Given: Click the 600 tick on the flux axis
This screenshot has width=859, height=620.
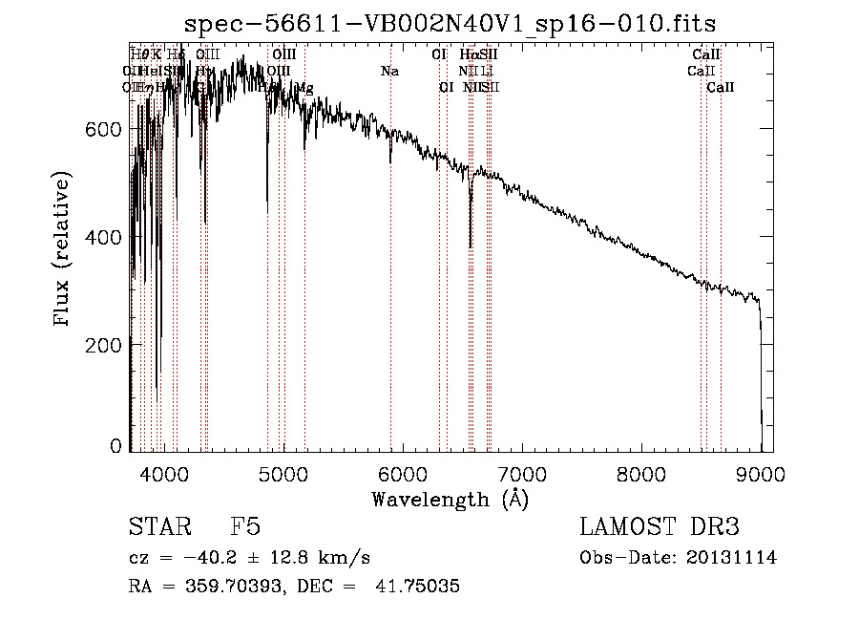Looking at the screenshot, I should click(108, 129).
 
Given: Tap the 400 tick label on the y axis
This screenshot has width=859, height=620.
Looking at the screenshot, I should click(108, 237).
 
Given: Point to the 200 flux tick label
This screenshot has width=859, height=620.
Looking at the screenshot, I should click(108, 344).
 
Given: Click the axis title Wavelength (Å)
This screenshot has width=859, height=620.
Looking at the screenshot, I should click(450, 499).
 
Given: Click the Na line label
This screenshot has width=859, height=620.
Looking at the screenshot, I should click(389, 71).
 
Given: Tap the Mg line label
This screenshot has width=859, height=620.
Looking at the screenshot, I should click(304, 88).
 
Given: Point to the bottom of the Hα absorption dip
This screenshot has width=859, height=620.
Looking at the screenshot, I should click(471, 246).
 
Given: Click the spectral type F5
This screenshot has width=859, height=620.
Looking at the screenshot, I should click(245, 527).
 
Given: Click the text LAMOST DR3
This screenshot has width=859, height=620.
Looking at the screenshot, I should click(660, 527).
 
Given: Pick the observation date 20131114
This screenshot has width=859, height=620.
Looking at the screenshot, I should click(736, 558).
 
